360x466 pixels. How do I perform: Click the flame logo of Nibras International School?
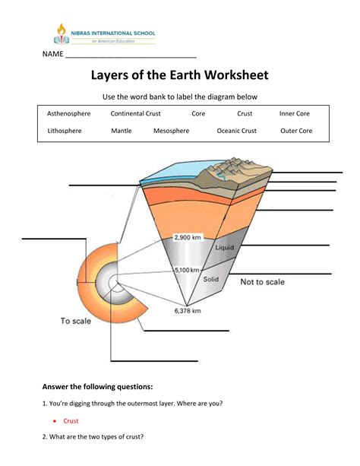point(62,34)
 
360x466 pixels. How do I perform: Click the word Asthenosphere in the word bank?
point(68,113)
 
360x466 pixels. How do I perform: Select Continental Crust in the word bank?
point(135,113)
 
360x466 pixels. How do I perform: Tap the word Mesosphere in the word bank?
point(172,131)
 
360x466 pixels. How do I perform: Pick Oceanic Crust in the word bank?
point(237,131)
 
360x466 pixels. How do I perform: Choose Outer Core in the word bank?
point(296,131)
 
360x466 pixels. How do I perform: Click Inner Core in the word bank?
point(295,113)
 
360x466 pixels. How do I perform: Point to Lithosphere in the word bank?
point(65,131)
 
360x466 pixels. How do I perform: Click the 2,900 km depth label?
point(188,237)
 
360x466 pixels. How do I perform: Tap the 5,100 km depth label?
point(187,270)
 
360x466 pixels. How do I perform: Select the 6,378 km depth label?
point(188,311)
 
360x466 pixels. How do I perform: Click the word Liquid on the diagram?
point(225,247)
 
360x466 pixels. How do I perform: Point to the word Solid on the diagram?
point(211,279)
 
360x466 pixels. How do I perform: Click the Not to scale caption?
point(262,282)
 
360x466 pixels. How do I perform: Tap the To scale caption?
point(76,321)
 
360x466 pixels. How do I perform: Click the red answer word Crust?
point(71,421)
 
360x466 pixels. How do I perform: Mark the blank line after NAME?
point(131,57)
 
